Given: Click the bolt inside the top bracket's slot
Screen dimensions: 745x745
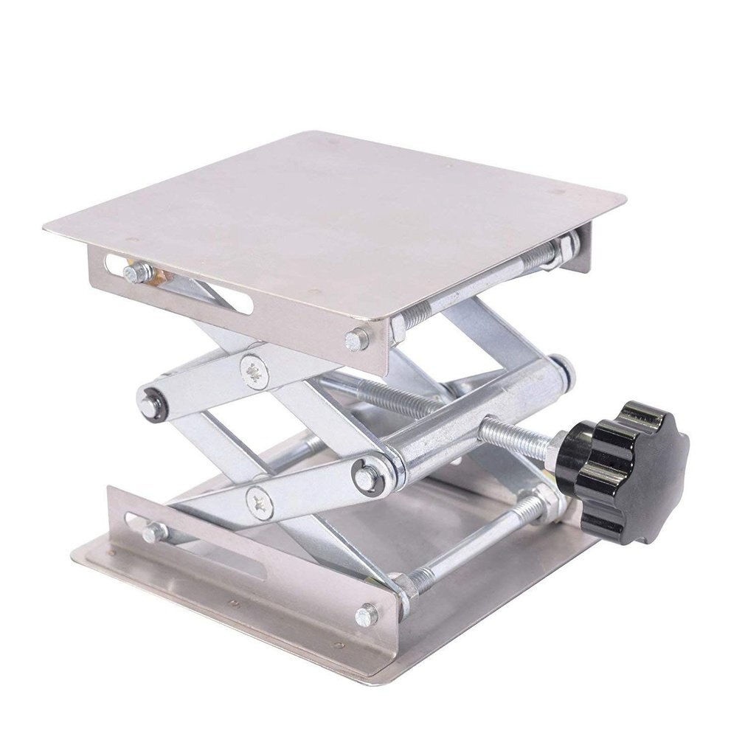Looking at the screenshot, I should tap(132, 273).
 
